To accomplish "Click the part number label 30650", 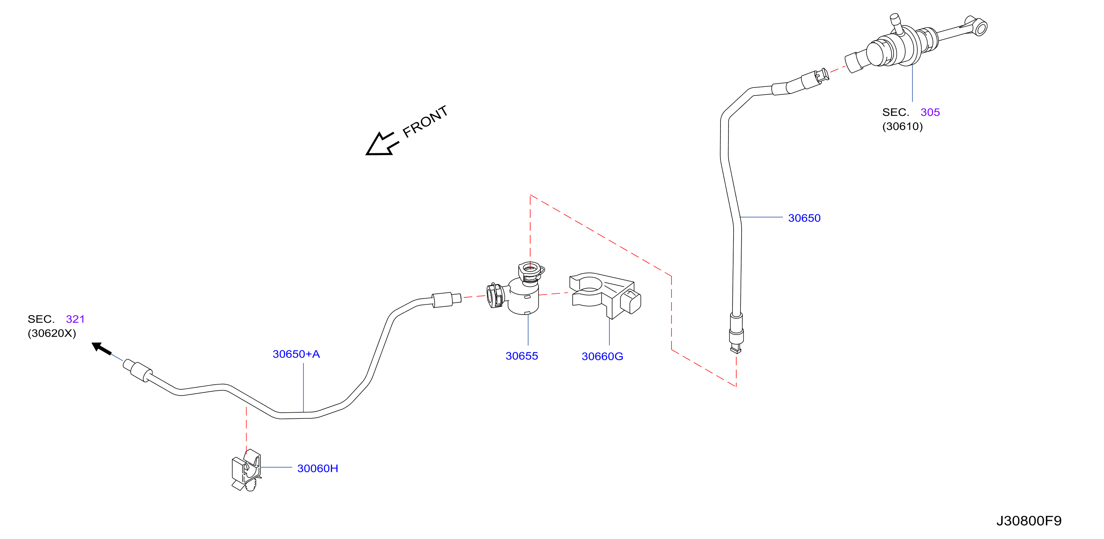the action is (804, 218).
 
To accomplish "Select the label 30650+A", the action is (296, 354).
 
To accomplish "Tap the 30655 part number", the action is (521, 356).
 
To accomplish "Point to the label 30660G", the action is (602, 356).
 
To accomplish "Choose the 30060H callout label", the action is (317, 468).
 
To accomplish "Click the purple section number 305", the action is (930, 112).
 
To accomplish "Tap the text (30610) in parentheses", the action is (902, 126).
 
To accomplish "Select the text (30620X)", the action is (52, 333).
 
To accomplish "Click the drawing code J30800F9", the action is (1028, 520).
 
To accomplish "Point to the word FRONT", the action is (425, 121).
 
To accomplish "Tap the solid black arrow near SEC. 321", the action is (102, 349).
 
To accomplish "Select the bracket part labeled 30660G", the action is (605, 295).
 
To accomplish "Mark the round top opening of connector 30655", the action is (530, 269).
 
